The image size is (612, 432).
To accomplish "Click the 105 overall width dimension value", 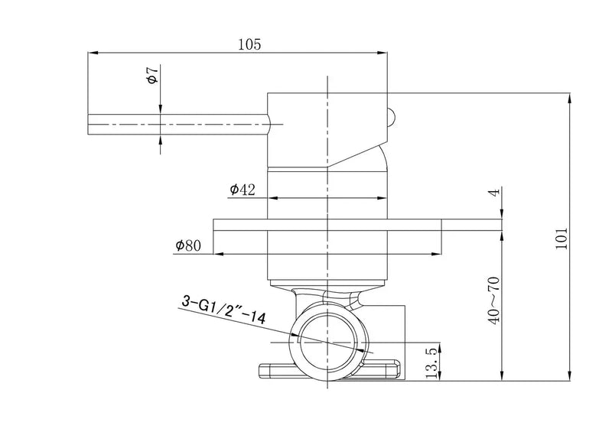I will click(x=249, y=44).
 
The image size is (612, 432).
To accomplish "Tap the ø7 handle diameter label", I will click(x=152, y=76).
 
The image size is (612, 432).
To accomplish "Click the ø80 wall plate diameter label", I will click(x=188, y=245).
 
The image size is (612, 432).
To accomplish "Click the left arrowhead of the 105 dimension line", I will click(x=93, y=53).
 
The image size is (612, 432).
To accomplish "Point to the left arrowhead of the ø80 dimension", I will click(x=217, y=253).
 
